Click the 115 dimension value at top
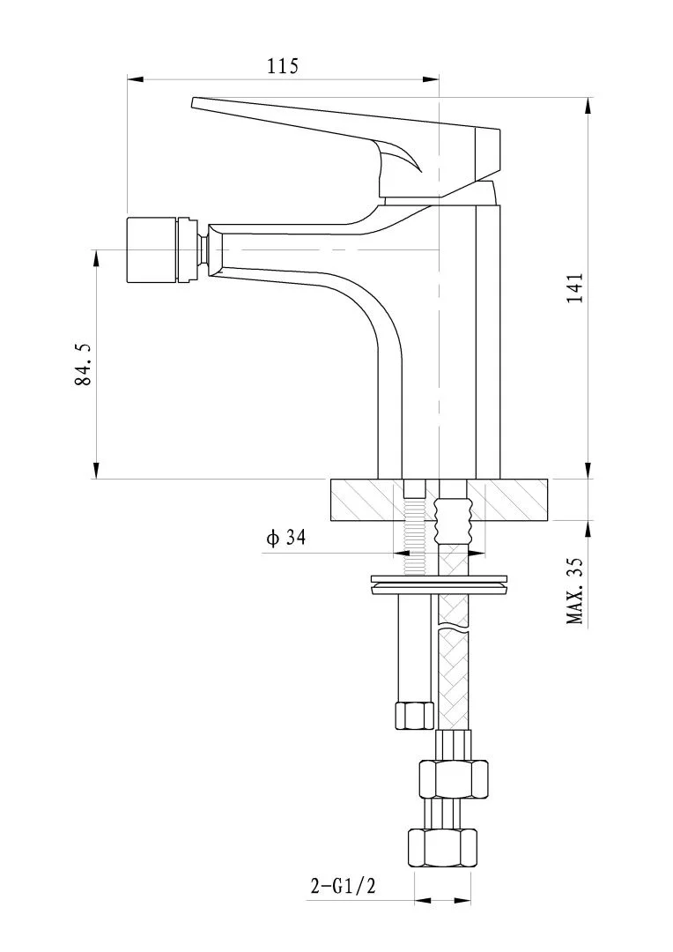(x=283, y=65)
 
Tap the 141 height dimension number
(x=574, y=287)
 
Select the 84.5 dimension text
(x=82, y=364)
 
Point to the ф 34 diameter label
(x=285, y=538)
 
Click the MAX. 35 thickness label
(x=574, y=591)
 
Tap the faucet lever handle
(x=346, y=145)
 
